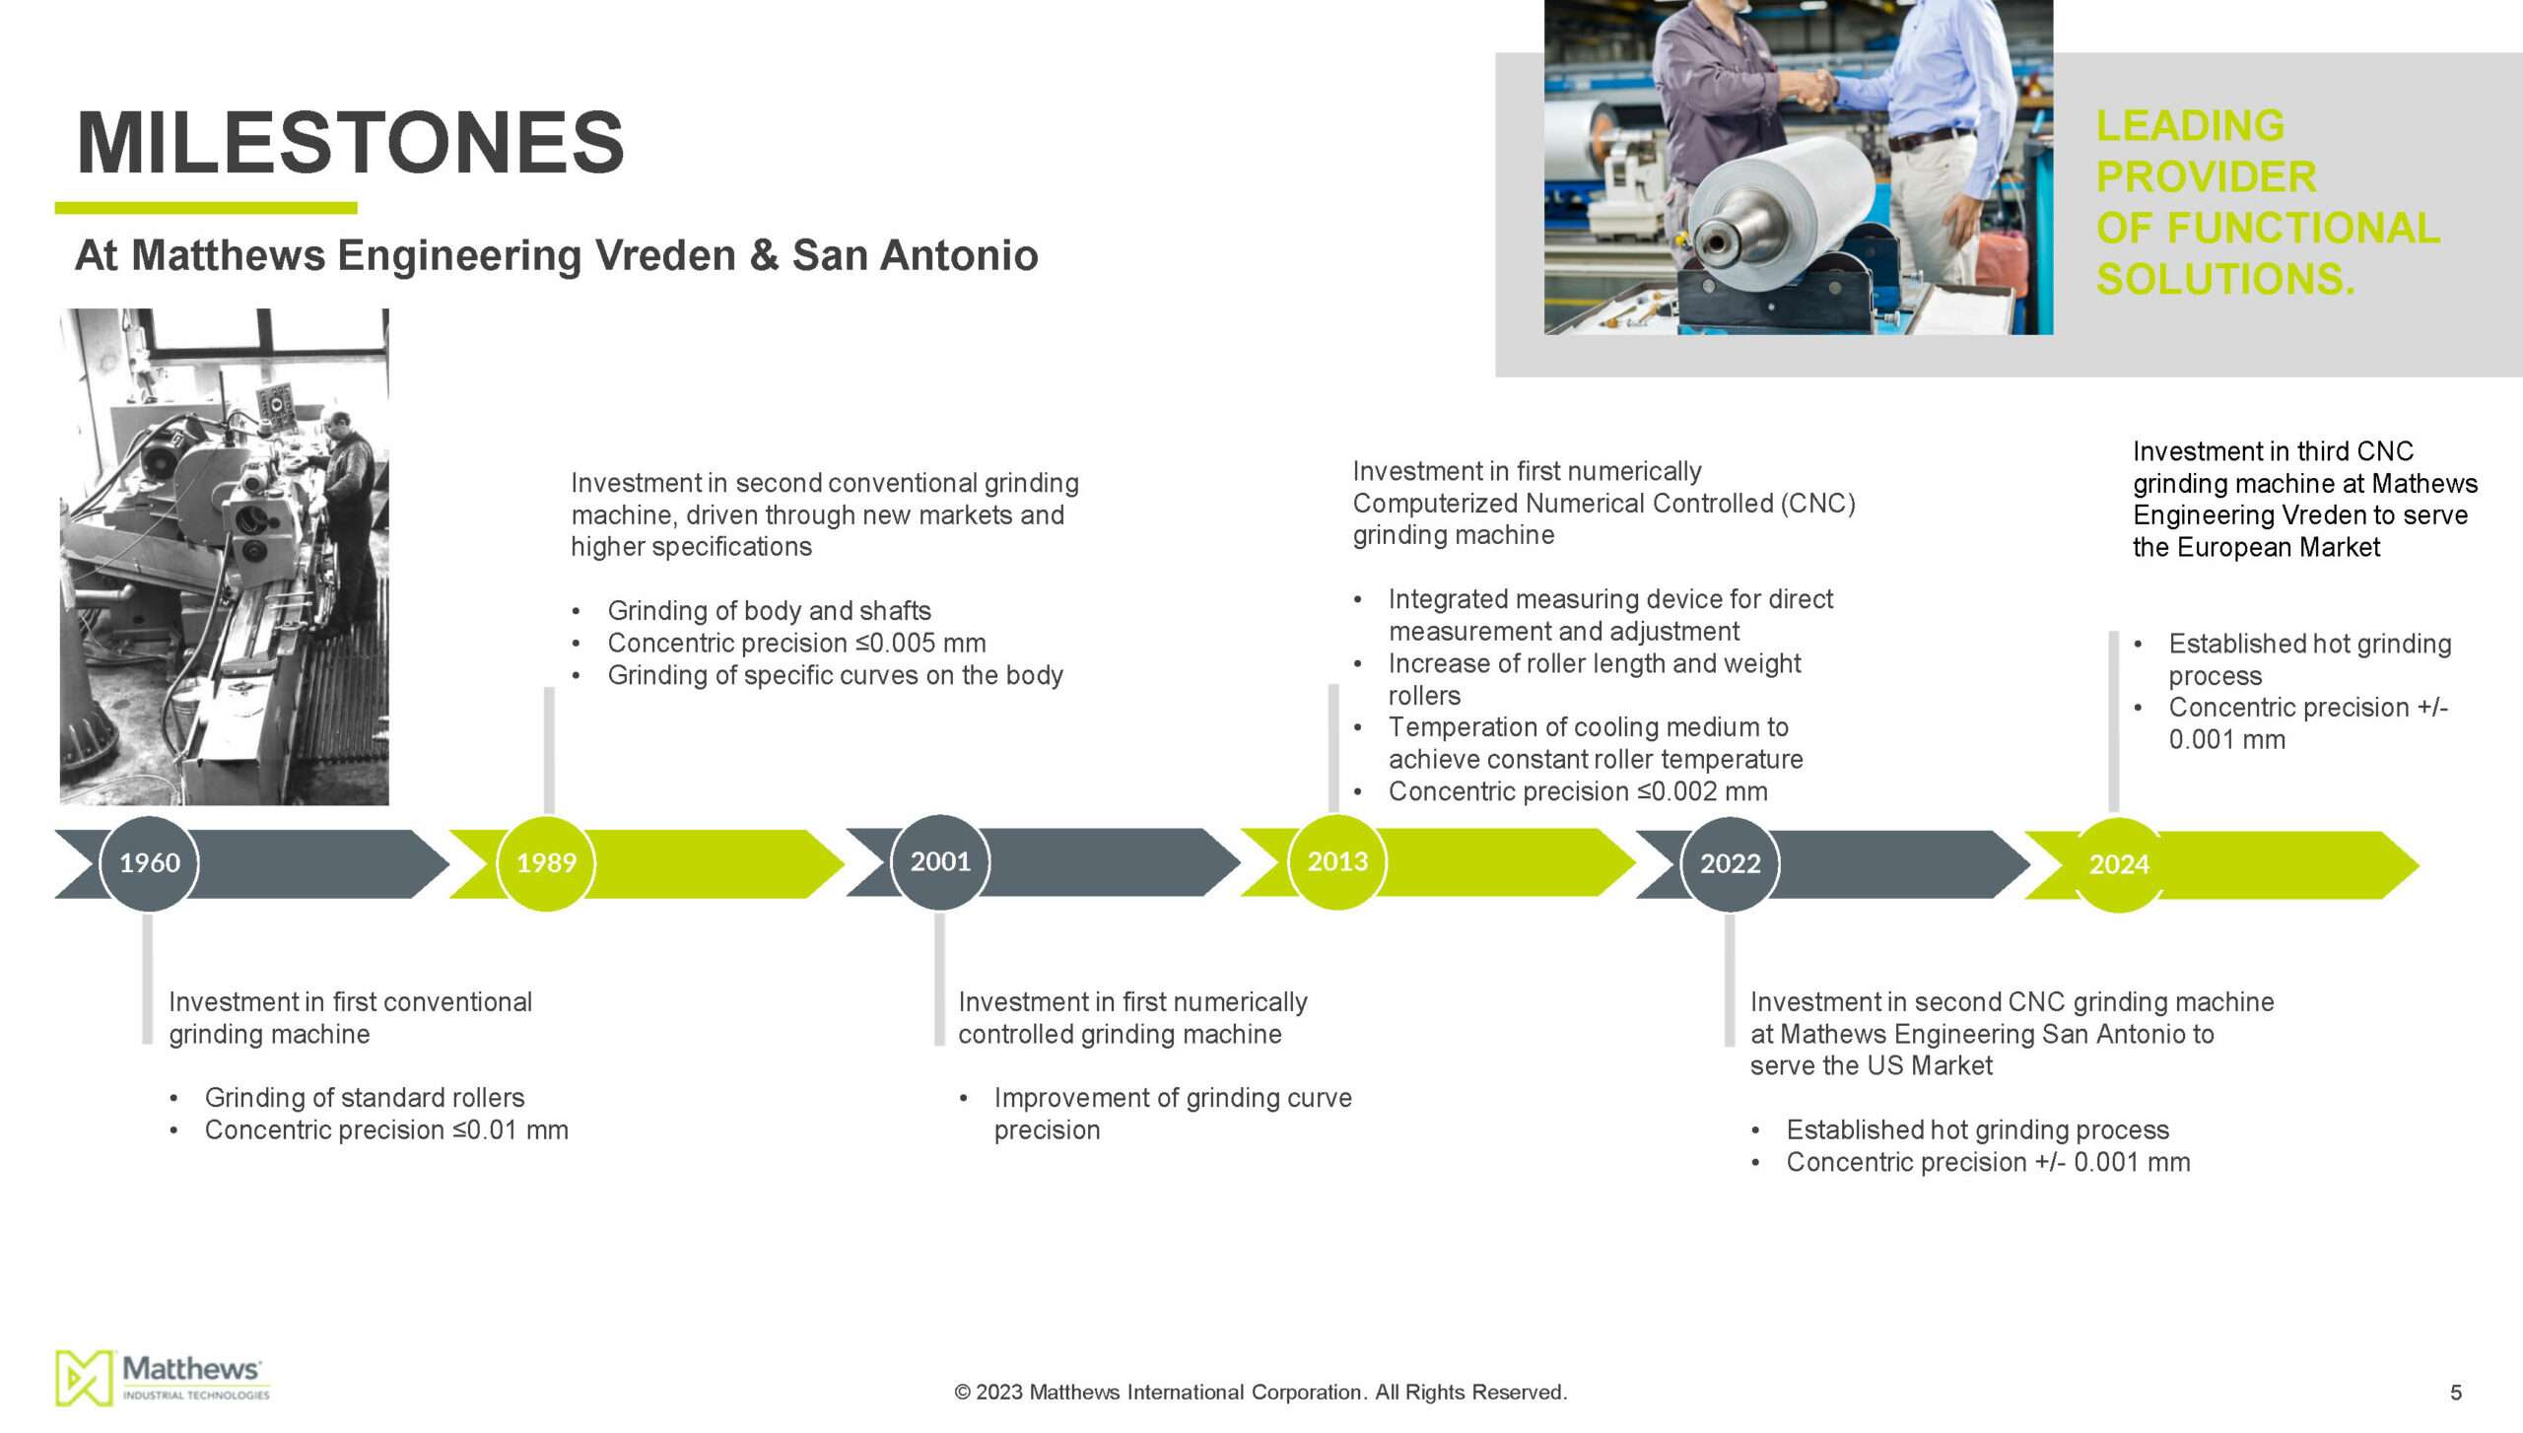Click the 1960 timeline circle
point(149,863)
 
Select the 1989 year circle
point(546,863)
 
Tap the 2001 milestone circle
point(940,862)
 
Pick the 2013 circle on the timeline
point(1337,862)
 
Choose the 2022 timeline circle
point(1730,864)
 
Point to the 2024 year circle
point(2119,865)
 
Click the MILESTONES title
point(350,142)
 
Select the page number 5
point(2455,1393)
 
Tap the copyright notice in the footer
point(1261,1393)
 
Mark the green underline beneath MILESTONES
point(206,208)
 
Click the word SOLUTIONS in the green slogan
point(2225,279)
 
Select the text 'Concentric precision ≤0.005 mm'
point(796,644)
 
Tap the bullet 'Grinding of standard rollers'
point(365,1098)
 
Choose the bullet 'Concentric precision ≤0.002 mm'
point(1578,791)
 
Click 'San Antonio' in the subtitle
point(916,255)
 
